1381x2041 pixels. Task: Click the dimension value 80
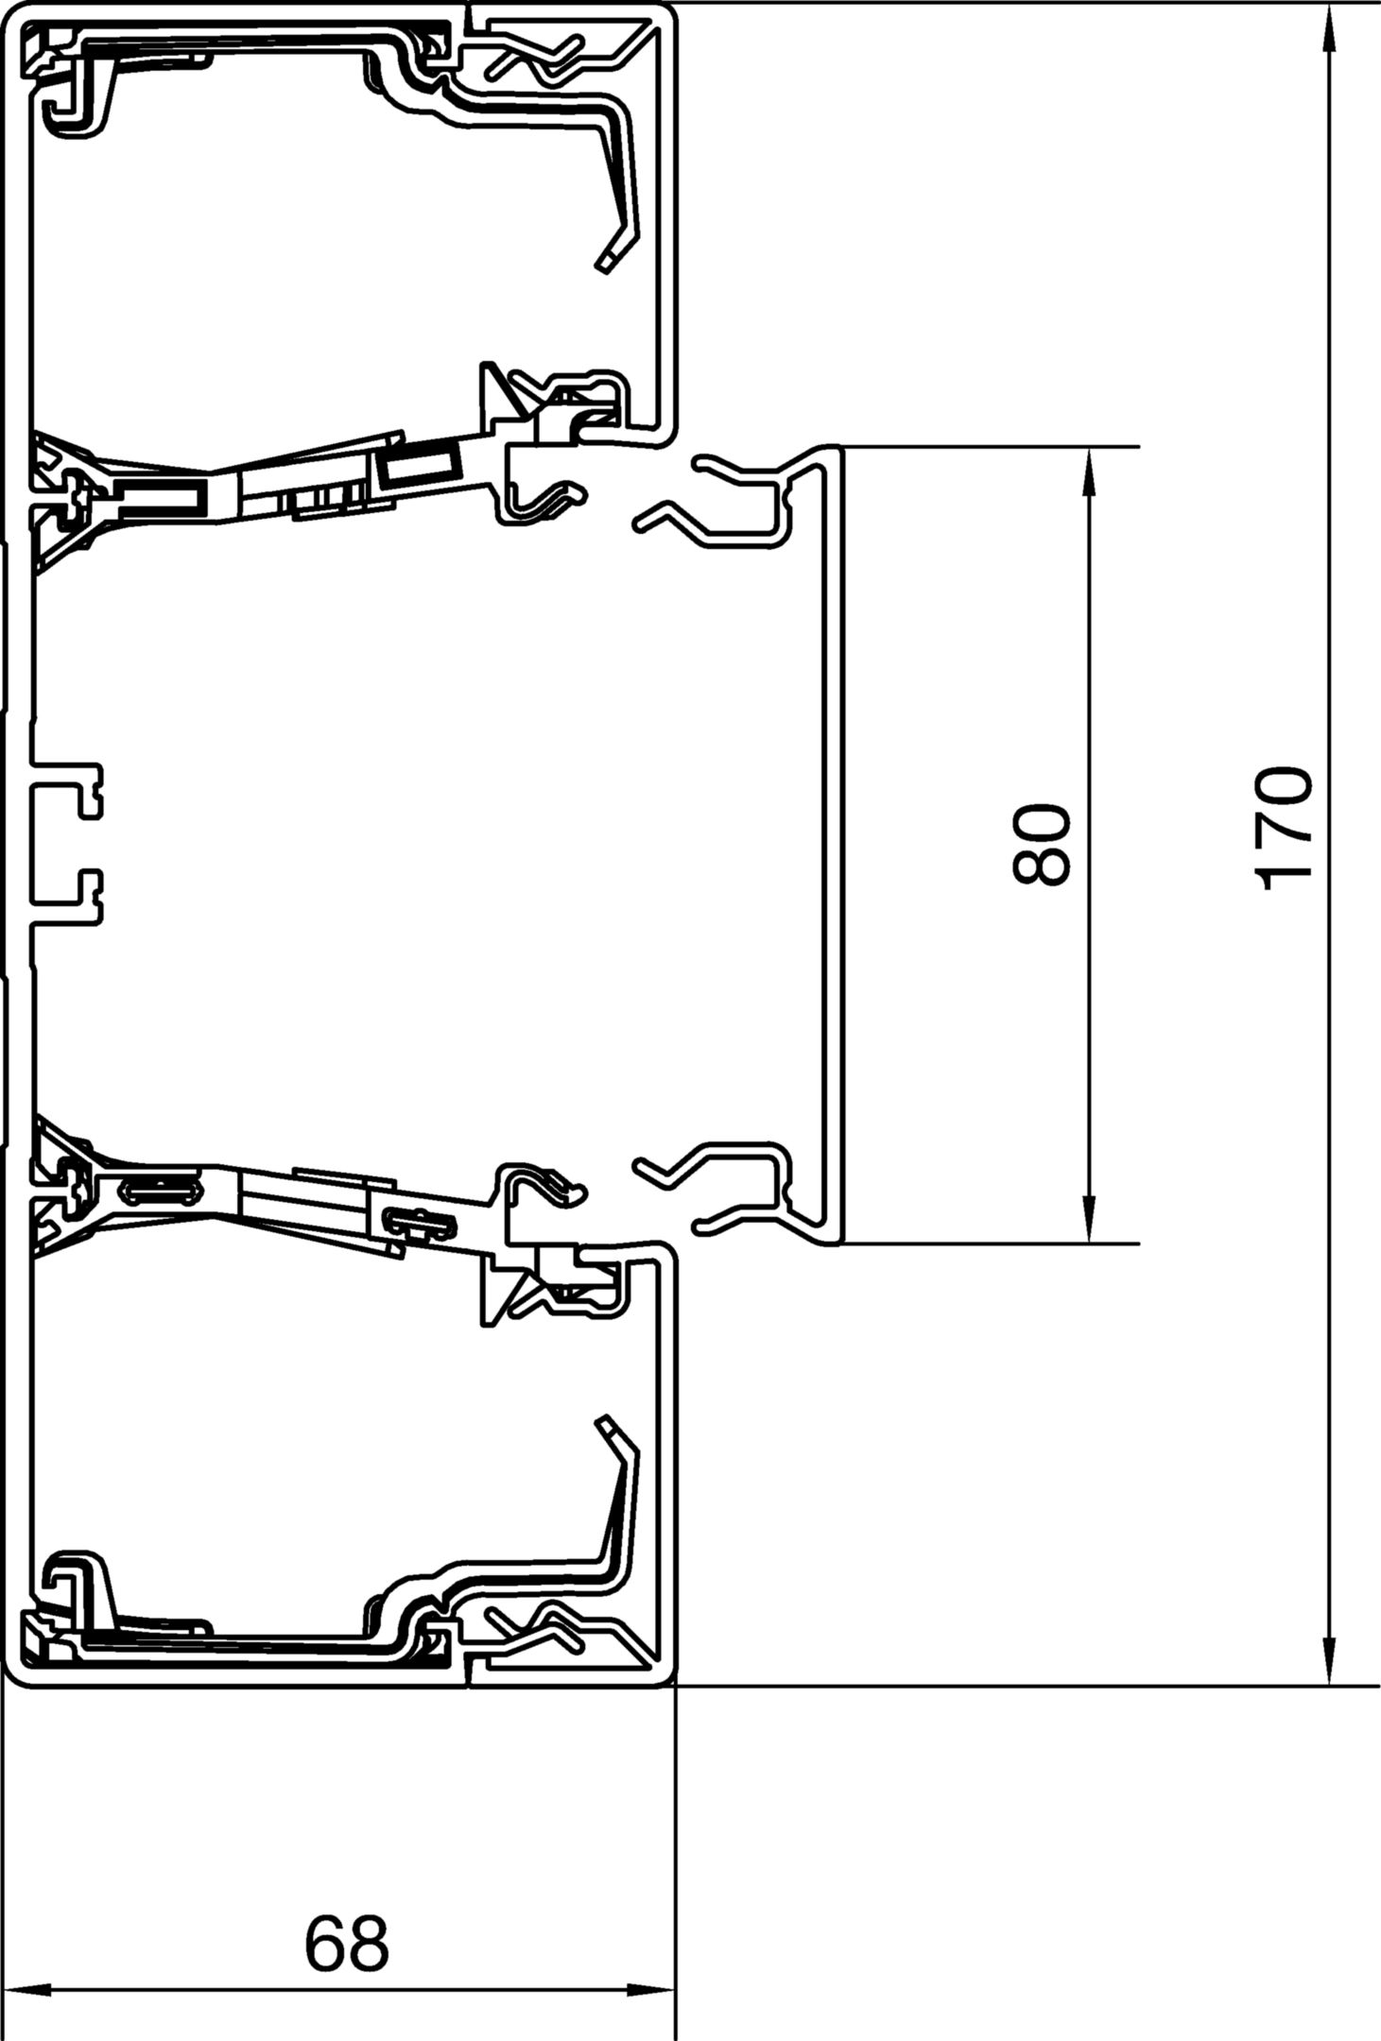coord(1041,845)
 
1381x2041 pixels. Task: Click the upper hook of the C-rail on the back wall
coord(68,781)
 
